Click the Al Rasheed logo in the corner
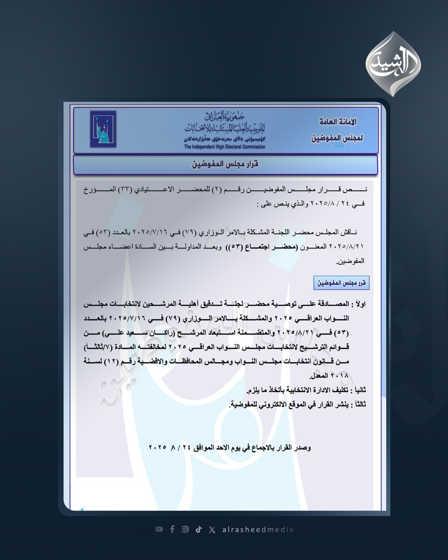point(393,65)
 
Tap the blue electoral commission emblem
point(103,129)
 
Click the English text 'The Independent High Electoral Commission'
point(224,147)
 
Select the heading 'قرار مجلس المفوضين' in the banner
point(225,164)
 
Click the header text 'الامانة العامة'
point(338,122)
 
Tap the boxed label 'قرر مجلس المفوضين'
point(341,283)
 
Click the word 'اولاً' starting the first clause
point(358,304)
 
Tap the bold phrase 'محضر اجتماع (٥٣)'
point(264,247)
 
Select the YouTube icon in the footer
point(159,529)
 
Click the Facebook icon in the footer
point(172,529)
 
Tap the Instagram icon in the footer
point(185,529)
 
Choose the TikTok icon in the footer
point(199,529)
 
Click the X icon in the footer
point(212,530)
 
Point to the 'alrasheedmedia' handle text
point(258,530)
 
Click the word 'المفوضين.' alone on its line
point(351,261)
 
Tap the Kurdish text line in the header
point(224,139)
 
